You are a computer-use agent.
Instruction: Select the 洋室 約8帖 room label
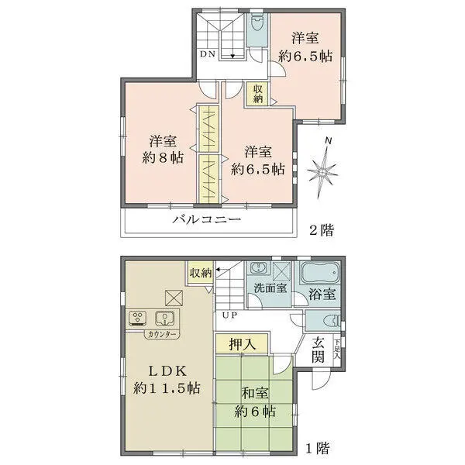164,150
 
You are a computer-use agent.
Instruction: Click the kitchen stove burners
139,317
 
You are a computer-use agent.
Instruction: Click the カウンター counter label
160,334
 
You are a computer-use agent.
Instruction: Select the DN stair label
208,54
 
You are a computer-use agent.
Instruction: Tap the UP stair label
229,315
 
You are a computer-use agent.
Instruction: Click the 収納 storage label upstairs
257,94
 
